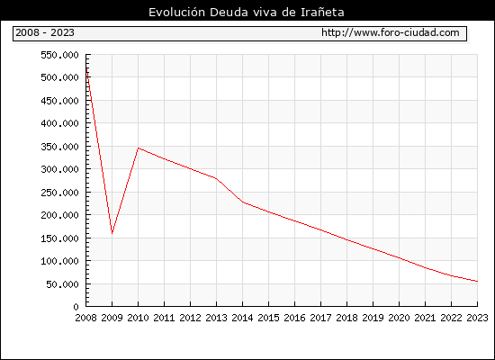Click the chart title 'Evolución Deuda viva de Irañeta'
click(x=247, y=13)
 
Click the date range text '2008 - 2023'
click(x=45, y=32)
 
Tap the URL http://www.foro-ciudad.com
click(x=391, y=32)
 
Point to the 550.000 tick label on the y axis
click(x=59, y=55)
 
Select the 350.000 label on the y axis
click(x=59, y=147)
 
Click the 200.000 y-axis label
click(x=59, y=215)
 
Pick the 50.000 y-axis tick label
click(x=62, y=284)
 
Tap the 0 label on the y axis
click(x=76, y=307)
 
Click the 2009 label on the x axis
click(x=112, y=318)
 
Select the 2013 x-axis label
click(x=216, y=318)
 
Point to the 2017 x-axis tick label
click(x=320, y=318)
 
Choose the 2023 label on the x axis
click(x=477, y=318)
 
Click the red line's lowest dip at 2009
click(x=112, y=233)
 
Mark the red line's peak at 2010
click(x=139, y=148)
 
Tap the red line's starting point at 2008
click(x=86, y=68)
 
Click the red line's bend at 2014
click(x=242, y=202)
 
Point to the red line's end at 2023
click(x=477, y=281)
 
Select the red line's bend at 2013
click(x=216, y=178)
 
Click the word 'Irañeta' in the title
click(x=322, y=13)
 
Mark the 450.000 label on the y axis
click(x=59, y=101)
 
